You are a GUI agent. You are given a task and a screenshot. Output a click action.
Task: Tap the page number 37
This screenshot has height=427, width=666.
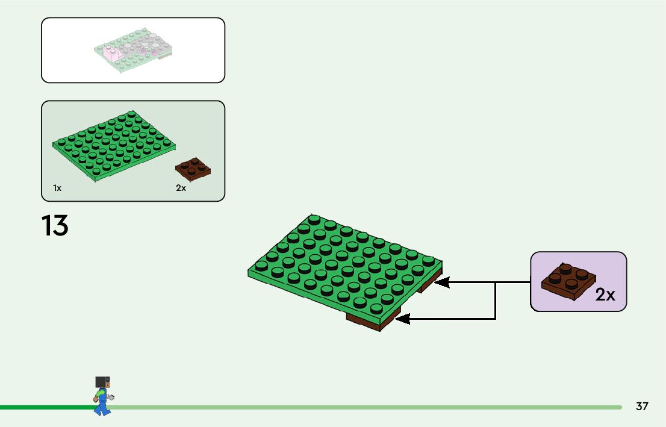point(642,407)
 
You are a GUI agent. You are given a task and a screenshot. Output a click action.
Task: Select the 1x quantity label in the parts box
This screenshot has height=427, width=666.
point(57,189)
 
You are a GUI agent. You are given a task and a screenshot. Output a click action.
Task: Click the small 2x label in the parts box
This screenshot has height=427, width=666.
point(181,189)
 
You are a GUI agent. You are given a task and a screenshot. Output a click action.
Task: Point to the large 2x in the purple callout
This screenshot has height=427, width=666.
point(605,295)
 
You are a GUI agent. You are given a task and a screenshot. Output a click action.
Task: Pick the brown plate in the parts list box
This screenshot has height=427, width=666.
point(193,169)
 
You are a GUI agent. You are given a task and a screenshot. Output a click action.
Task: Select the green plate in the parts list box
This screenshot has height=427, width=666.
point(114,145)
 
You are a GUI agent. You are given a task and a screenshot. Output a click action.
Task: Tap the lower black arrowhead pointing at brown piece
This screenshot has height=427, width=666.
point(402,319)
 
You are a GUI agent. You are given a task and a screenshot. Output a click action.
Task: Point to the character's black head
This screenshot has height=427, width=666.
point(103,382)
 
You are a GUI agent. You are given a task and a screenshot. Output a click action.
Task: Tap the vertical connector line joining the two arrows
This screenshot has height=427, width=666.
point(495,300)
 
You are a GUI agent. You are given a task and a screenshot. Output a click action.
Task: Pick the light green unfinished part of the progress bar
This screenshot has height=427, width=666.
point(361,407)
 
